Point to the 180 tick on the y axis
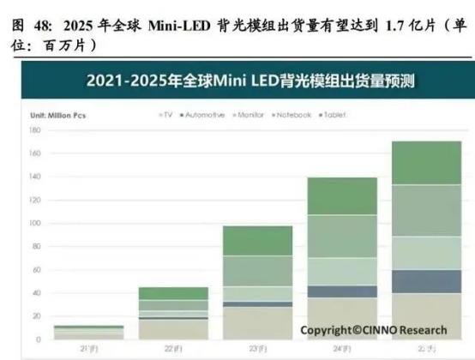[x=34, y=130]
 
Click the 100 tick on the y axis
[x=34, y=223]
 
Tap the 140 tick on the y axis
[x=34, y=177]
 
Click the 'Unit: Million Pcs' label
[x=58, y=114]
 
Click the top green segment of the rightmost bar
[x=424, y=163]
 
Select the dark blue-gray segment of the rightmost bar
[x=424, y=281]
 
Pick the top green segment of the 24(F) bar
[x=341, y=195]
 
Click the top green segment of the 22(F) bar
[x=174, y=293]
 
